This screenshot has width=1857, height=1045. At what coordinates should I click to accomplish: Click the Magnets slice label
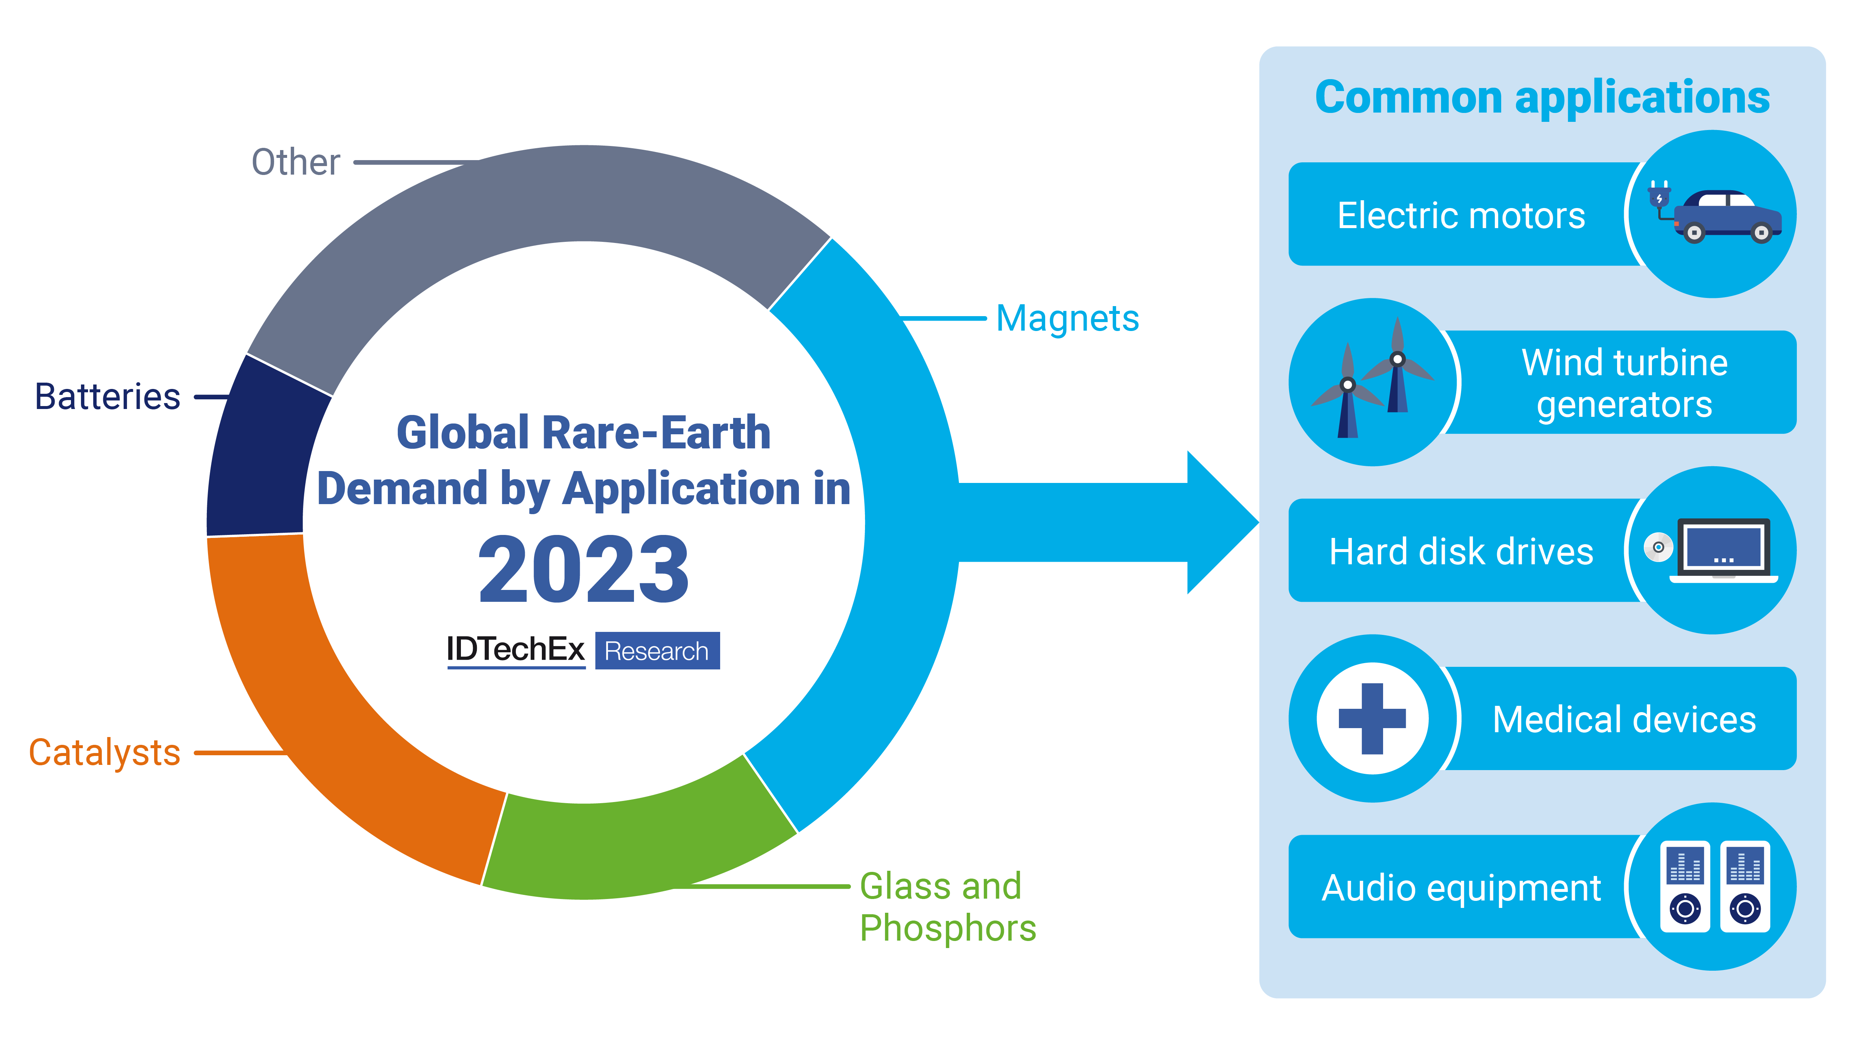tap(1067, 319)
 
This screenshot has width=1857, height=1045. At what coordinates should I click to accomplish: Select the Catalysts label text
tap(104, 753)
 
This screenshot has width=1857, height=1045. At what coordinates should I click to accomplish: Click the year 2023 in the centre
tap(584, 570)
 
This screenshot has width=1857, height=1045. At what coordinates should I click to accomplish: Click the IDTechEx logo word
tap(516, 650)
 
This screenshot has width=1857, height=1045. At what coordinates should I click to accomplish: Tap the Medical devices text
tap(1624, 719)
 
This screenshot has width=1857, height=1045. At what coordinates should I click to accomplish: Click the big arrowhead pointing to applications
tap(1222, 522)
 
